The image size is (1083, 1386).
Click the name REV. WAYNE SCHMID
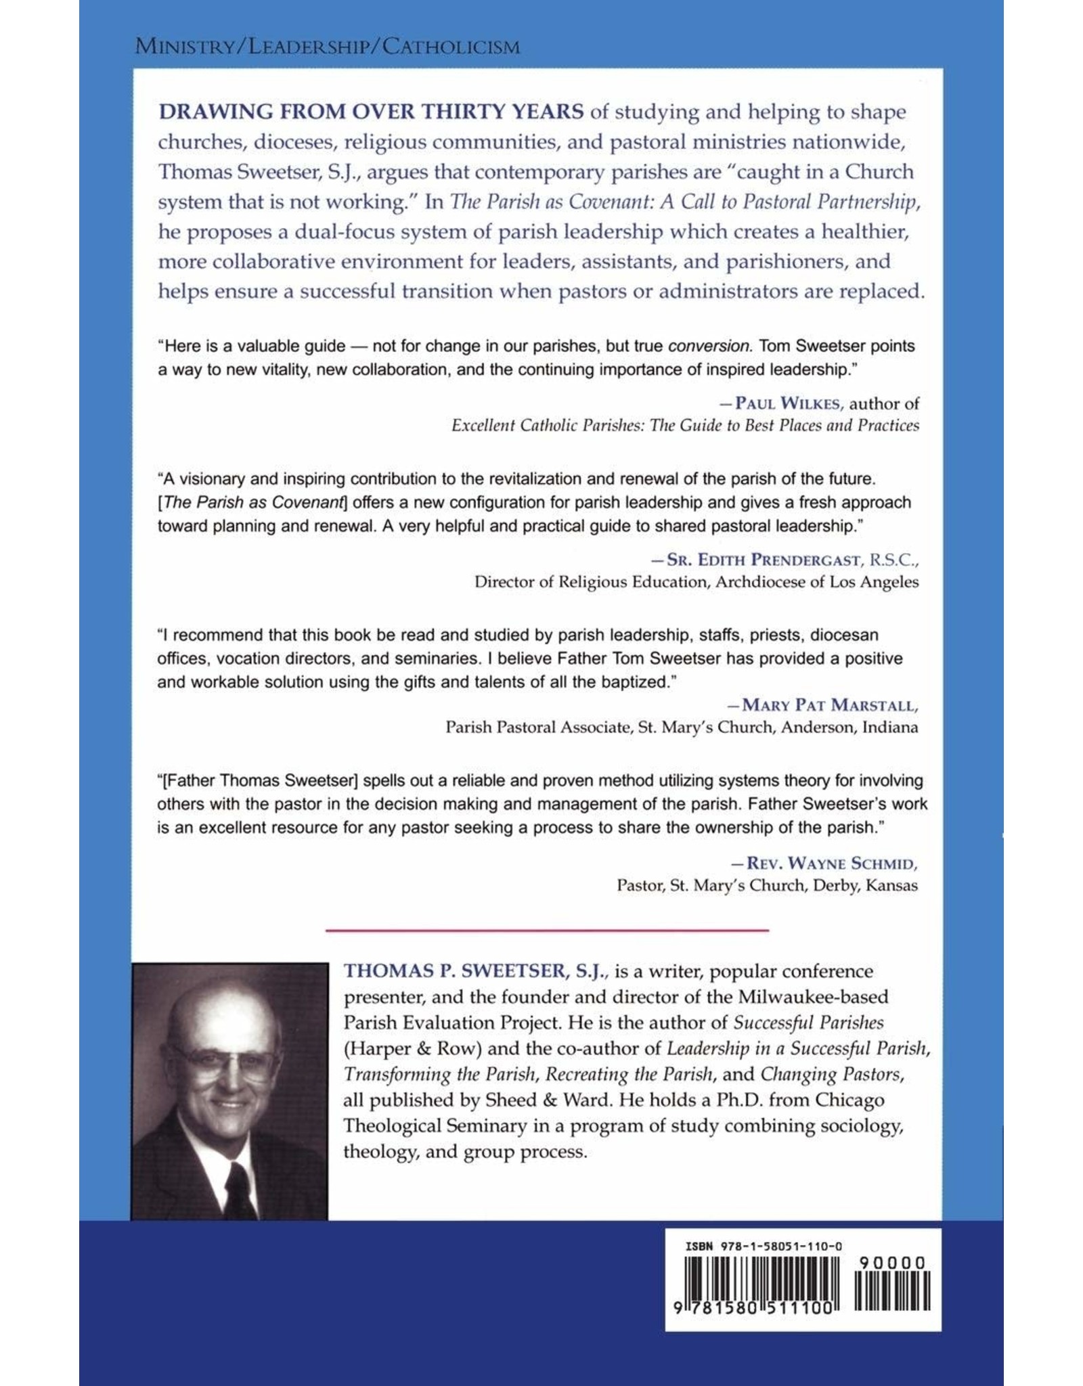(x=831, y=864)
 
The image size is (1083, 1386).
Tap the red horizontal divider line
(x=547, y=931)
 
